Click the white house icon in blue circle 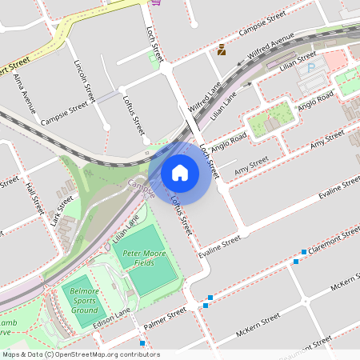pyautogui.click(x=180, y=172)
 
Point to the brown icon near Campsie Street pyautogui.click(x=222, y=50)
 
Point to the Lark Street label pyautogui.click(x=62, y=210)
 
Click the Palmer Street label pyautogui.click(x=165, y=318)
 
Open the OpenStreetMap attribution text pyautogui.click(x=81, y=354)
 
